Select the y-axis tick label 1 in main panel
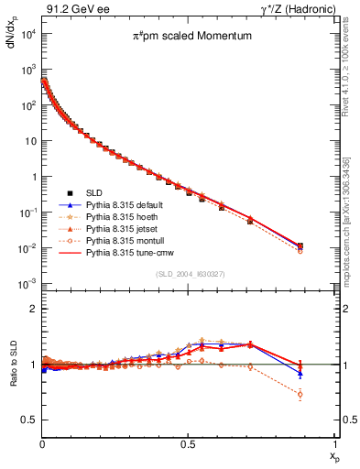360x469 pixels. (32, 178)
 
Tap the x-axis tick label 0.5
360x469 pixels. (188, 443)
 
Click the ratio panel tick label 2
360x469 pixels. (32, 309)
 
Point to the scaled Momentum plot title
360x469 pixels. (187, 37)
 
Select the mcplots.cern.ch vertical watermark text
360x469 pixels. (349, 212)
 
